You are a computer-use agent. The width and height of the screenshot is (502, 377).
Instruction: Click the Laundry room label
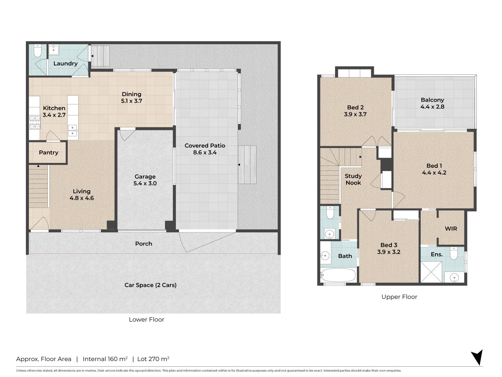[x=65, y=63]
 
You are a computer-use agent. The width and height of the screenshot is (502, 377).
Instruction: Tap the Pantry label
[x=49, y=153]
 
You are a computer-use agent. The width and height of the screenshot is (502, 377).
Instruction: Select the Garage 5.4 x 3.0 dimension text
[x=145, y=184]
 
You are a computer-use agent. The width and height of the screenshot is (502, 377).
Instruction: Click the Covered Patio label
[x=205, y=146]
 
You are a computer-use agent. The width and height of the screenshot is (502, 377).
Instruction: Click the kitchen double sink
[x=72, y=131]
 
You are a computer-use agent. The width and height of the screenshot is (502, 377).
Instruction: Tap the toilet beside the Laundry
[x=37, y=51]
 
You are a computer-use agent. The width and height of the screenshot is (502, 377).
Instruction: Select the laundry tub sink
[x=54, y=50]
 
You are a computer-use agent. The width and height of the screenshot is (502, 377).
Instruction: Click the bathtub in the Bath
[x=338, y=275]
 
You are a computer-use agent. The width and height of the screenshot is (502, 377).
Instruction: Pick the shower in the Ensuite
[x=431, y=272]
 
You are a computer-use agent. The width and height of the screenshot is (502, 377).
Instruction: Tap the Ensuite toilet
[x=454, y=253]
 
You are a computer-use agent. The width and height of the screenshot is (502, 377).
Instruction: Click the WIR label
[x=451, y=228]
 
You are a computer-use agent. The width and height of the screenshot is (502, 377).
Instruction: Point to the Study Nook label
[x=353, y=179]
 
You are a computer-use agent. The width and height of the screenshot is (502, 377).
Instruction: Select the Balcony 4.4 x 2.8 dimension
[x=432, y=107]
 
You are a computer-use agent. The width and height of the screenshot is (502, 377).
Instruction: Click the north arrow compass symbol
[x=477, y=357]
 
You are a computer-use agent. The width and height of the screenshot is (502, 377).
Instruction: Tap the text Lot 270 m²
[x=153, y=359]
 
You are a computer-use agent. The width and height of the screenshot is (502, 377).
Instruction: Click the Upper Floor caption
[x=399, y=297]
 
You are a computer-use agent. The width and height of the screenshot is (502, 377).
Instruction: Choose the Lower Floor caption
[x=147, y=319]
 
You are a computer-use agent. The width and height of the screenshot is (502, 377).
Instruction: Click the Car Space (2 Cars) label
[x=151, y=285]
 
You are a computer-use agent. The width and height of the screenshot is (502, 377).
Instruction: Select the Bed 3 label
[x=389, y=245]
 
